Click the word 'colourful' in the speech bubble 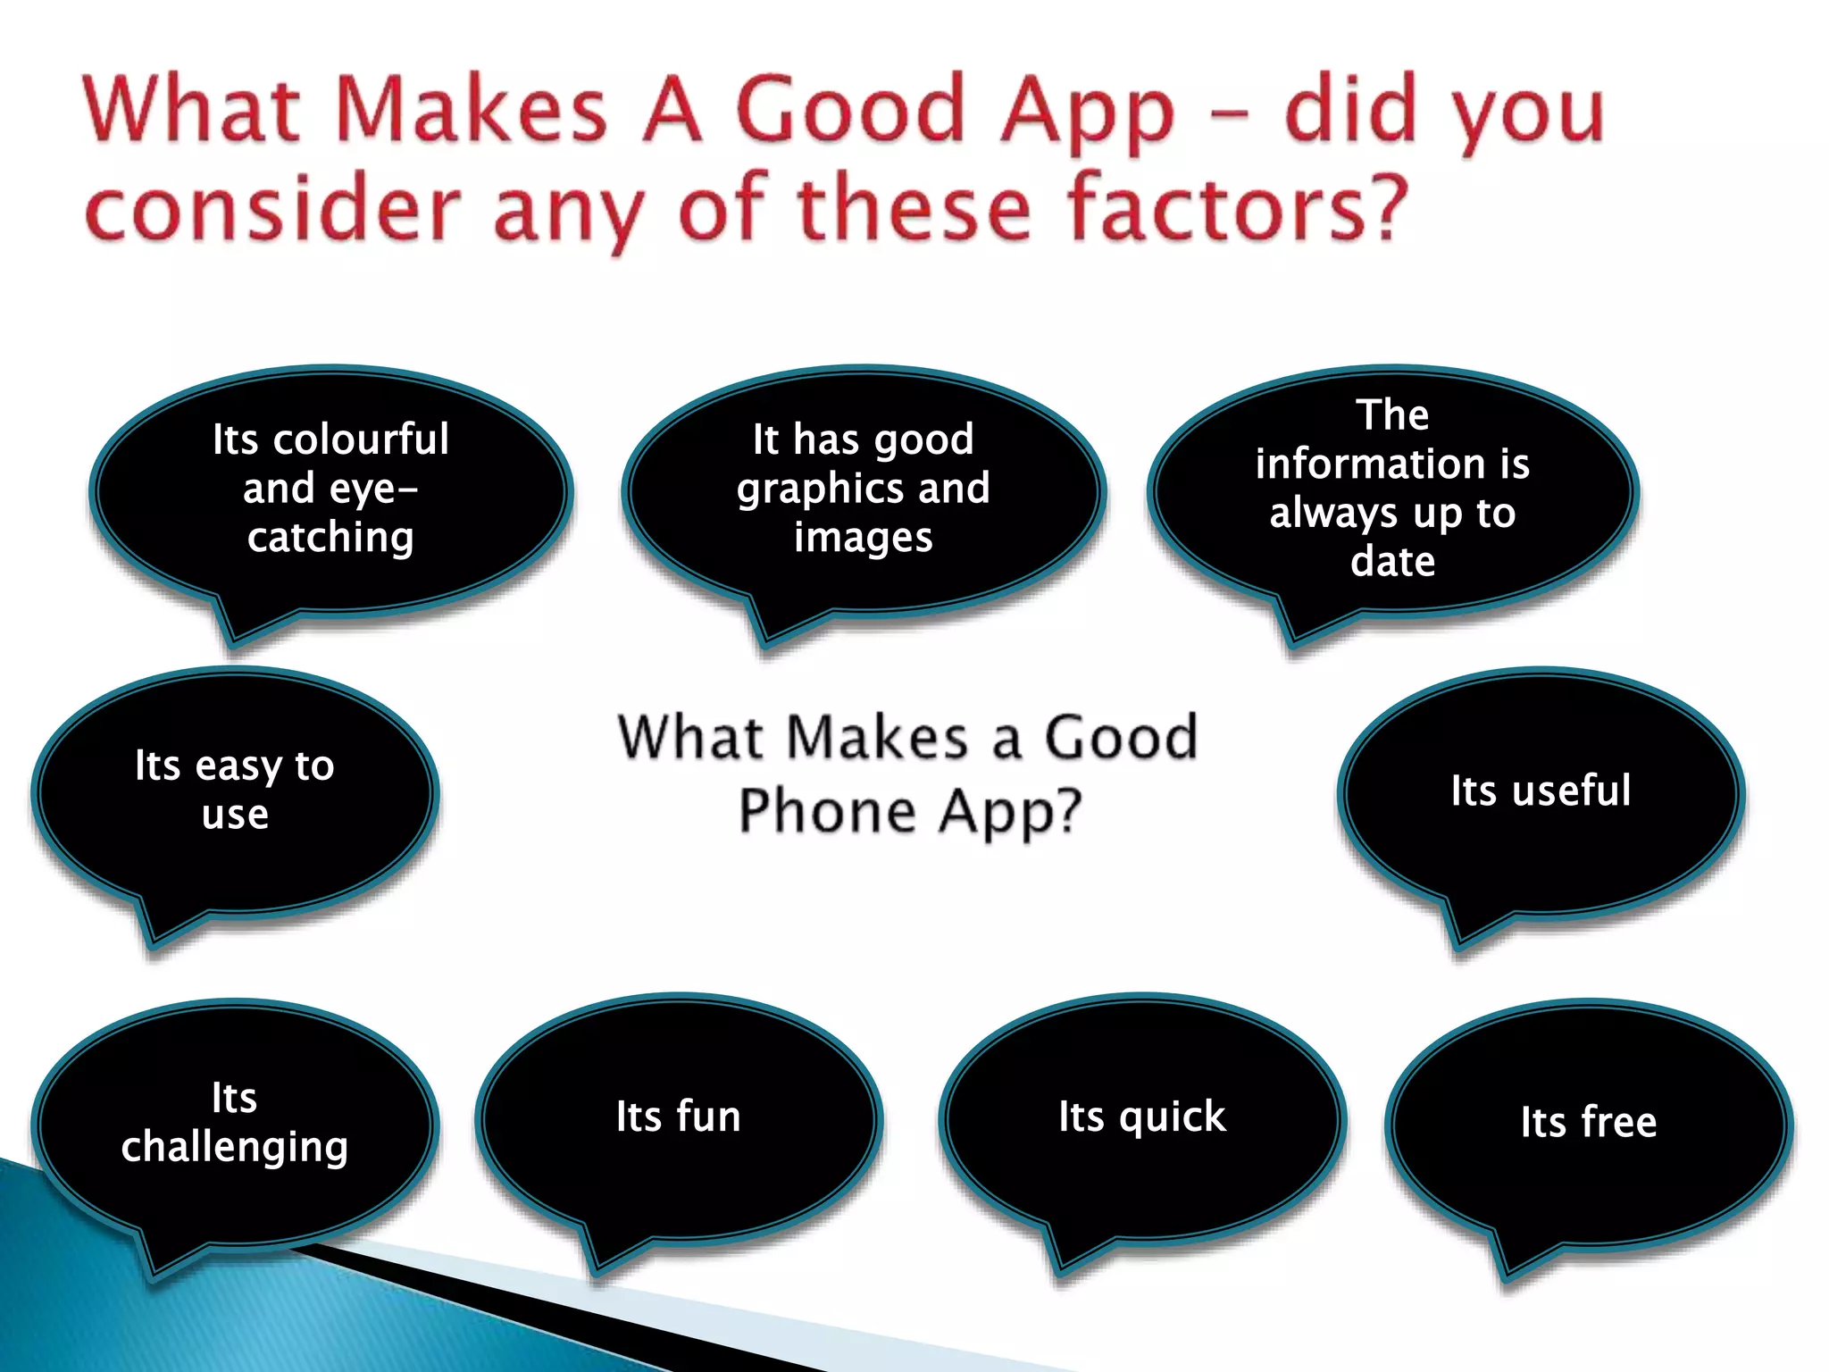361,439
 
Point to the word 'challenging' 235,1148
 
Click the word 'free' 1618,1122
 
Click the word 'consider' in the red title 272,209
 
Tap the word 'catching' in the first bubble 330,538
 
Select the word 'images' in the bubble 863,538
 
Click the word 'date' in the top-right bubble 1392,562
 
